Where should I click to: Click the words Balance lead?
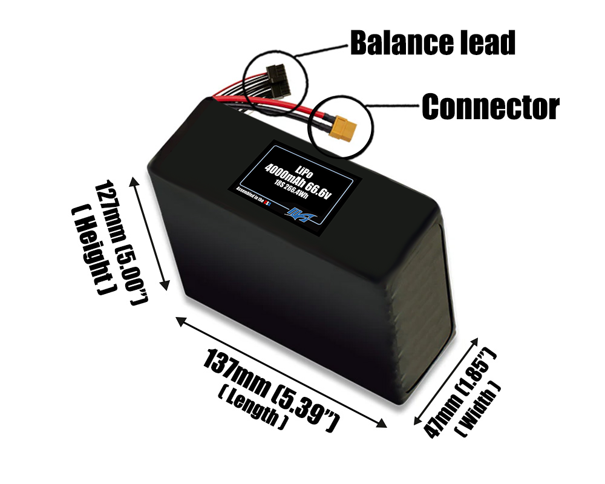(x=433, y=43)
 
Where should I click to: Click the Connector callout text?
(x=490, y=107)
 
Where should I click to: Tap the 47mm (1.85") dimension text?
(x=460, y=394)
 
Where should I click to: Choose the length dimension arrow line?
(x=281, y=371)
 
